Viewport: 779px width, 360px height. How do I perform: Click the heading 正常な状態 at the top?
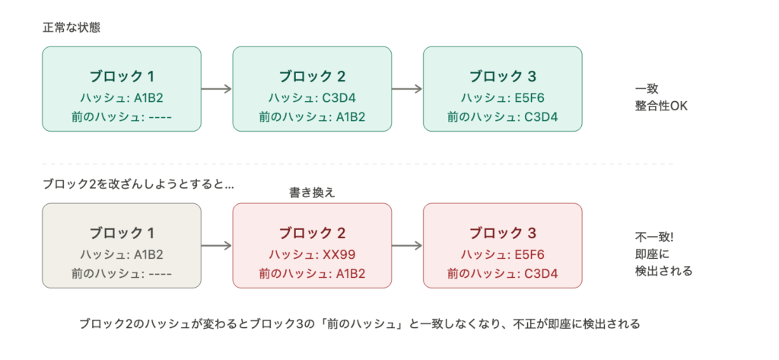point(72,28)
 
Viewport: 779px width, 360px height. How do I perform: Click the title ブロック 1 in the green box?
point(122,76)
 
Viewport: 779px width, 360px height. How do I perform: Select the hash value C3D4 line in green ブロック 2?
point(312,97)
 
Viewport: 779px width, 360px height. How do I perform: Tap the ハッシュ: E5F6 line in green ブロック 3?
point(503,97)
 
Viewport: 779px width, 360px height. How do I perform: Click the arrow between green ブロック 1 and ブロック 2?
point(217,89)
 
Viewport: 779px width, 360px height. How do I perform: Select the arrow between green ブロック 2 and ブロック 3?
point(407,89)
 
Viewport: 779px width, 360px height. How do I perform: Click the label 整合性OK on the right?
point(661,106)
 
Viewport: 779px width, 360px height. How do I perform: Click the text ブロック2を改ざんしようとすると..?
point(138,185)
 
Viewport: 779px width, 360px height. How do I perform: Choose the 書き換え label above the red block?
point(312,193)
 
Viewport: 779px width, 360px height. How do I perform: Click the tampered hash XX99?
point(312,254)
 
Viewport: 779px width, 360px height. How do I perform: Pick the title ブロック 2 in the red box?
point(312,233)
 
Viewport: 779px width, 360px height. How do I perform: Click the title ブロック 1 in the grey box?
point(122,233)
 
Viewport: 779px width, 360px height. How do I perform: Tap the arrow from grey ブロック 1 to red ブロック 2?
point(217,246)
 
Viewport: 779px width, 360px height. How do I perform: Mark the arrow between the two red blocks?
point(407,246)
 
